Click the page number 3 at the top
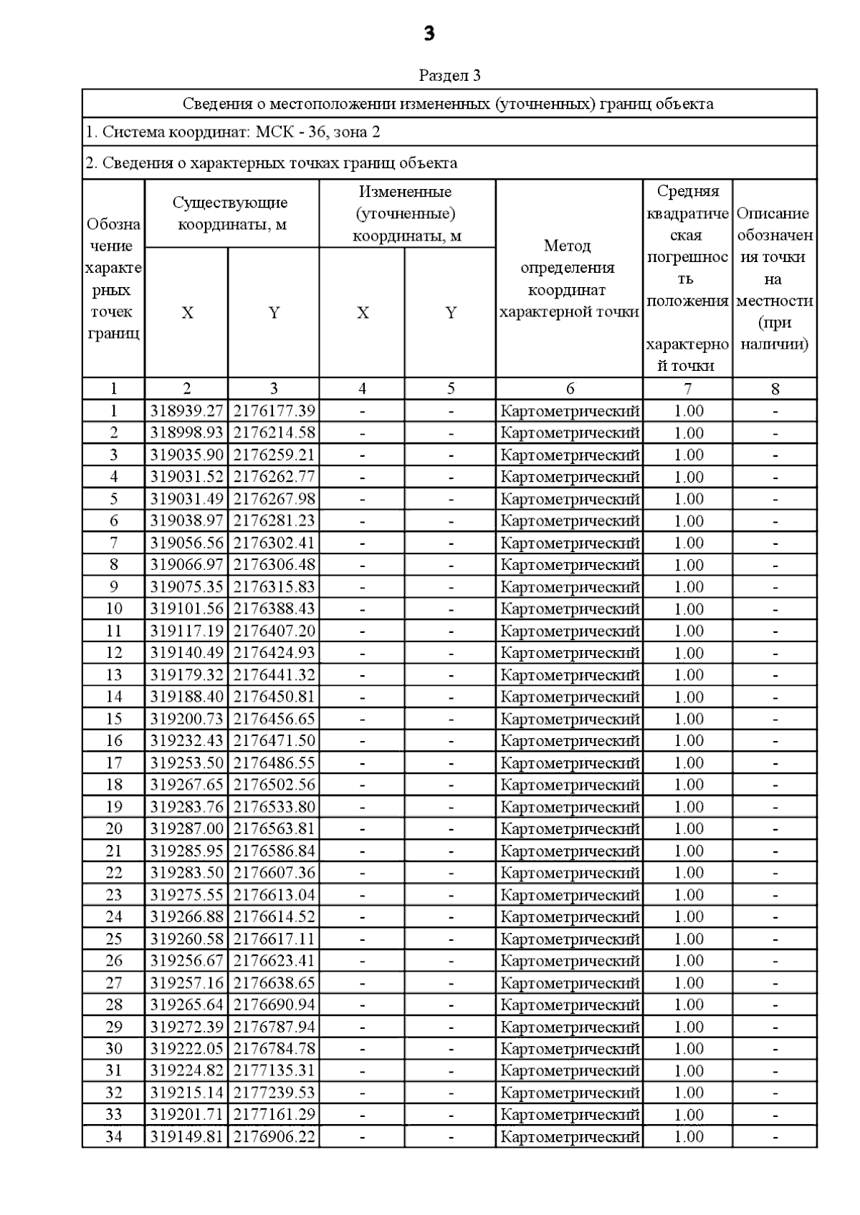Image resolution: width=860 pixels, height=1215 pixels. point(429,34)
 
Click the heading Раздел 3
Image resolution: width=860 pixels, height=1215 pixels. point(449,75)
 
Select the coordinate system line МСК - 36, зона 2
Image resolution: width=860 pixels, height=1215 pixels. point(233,132)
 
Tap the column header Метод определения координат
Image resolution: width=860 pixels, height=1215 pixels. point(568,279)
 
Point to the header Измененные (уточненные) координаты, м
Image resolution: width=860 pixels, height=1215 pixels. point(406,213)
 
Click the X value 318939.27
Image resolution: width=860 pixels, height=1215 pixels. point(186,411)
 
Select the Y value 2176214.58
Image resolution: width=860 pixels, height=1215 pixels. point(274,433)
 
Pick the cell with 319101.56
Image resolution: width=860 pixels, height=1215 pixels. point(186,609)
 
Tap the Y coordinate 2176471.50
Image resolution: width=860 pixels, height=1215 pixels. point(274,740)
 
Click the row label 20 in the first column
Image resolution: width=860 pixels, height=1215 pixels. point(114,828)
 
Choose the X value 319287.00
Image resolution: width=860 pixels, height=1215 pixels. point(186,828)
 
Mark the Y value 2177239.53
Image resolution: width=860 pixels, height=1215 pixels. point(274,1093)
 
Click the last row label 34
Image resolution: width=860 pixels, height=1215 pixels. point(114,1136)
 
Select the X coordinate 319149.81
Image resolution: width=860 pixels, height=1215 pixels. point(186,1136)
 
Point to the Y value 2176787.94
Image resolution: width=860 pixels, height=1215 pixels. point(274,1027)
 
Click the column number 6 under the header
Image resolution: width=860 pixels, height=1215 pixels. point(570,389)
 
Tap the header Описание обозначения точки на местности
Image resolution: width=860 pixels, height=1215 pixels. point(774,279)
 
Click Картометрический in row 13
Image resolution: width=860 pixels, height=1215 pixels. point(570,674)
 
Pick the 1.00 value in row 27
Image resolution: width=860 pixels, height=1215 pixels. point(688,982)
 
